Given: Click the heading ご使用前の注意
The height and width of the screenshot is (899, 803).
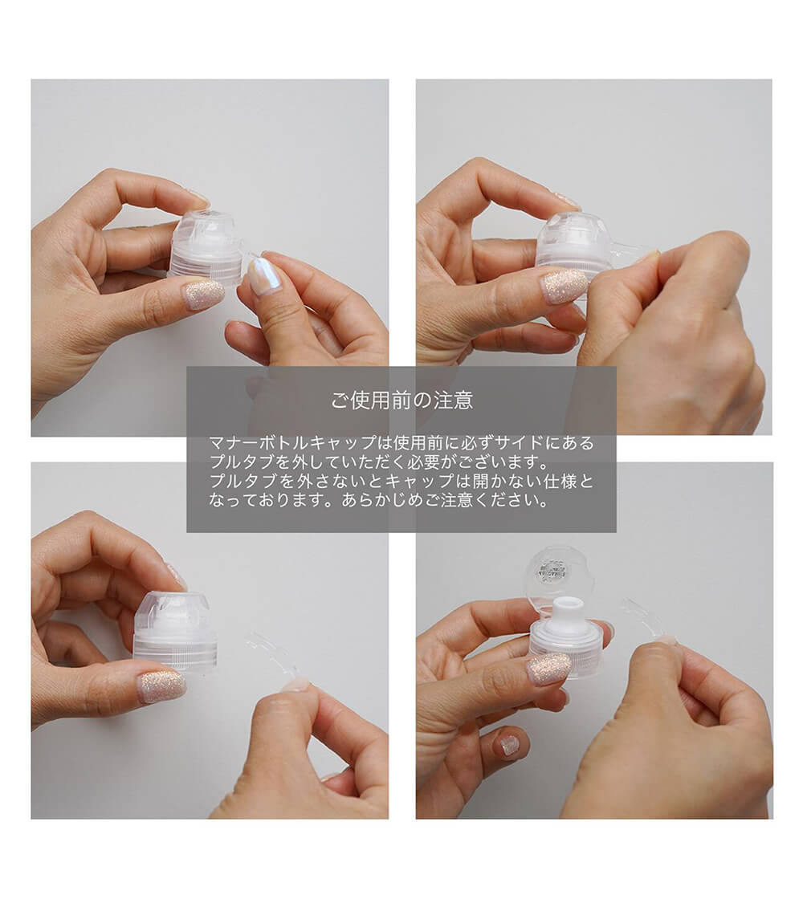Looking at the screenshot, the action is point(401,401).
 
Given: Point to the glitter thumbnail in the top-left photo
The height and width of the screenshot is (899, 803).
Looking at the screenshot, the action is point(205,294).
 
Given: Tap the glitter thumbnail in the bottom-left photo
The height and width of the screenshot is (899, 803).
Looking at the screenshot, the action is point(161,686).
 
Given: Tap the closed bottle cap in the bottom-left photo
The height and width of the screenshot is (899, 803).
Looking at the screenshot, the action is point(175,631).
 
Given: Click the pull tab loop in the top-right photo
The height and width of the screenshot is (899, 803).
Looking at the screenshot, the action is point(631,251).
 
